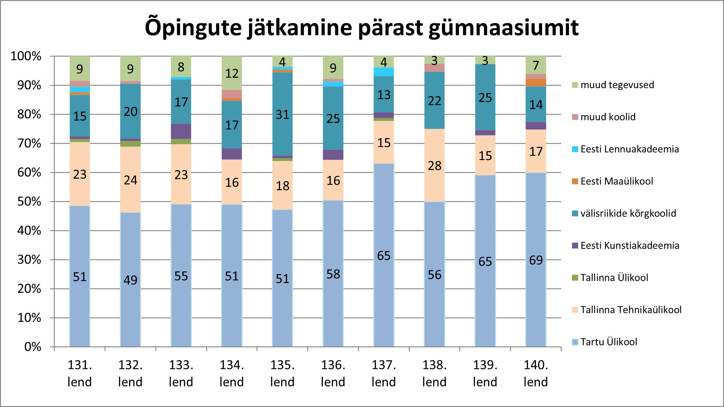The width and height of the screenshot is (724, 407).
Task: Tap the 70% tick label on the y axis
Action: [x=29, y=143]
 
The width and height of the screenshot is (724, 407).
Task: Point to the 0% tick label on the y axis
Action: [x=33, y=347]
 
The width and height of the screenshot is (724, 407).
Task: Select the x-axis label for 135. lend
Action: [x=282, y=373]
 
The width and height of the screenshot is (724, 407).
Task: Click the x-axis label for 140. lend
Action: [x=536, y=373]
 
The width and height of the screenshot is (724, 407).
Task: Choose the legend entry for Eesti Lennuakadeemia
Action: [x=629, y=149]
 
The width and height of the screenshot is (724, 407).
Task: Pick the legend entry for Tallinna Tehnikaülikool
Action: [x=631, y=310]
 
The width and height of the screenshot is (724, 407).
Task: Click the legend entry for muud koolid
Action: [x=608, y=117]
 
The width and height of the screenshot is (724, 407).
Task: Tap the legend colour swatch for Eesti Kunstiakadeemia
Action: [x=575, y=245]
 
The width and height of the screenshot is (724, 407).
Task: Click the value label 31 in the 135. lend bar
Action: [x=282, y=115]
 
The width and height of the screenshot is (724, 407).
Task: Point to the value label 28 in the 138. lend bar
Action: [x=434, y=166]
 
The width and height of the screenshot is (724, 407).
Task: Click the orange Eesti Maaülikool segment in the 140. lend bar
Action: [x=536, y=83]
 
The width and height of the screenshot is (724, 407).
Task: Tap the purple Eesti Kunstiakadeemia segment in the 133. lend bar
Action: [x=181, y=131]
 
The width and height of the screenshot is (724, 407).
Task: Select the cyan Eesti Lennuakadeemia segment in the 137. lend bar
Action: [x=384, y=72]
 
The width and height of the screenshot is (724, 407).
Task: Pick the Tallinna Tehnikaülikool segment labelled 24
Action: [x=130, y=180]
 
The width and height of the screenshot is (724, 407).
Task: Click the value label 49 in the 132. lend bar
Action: [x=130, y=280]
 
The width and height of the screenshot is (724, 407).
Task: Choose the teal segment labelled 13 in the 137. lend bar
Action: [x=384, y=95]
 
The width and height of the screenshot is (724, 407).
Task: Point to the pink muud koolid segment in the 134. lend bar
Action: [x=232, y=94]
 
